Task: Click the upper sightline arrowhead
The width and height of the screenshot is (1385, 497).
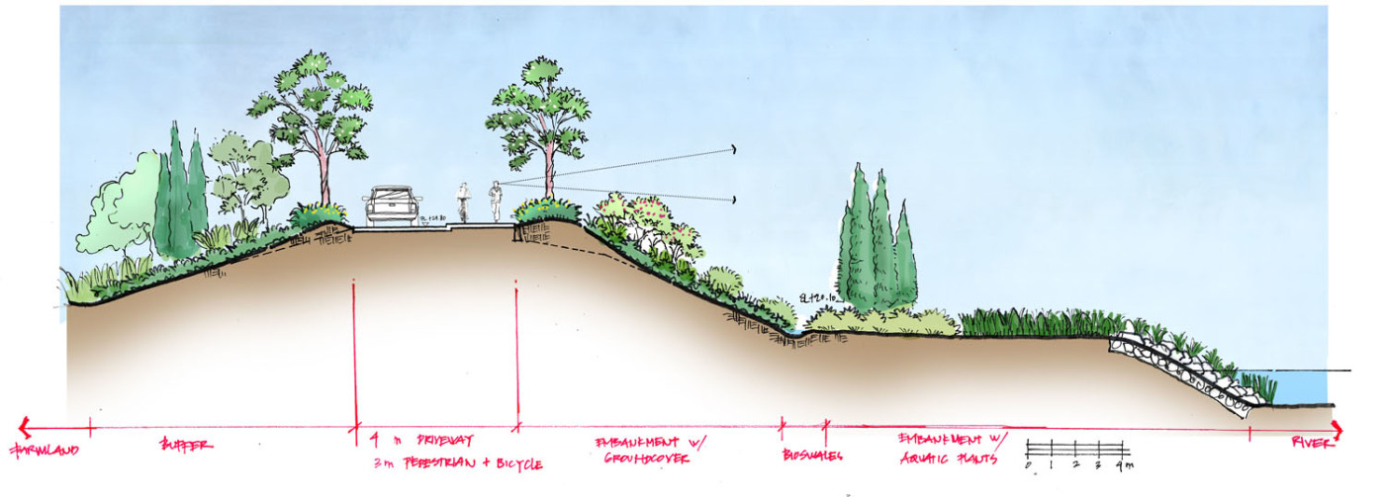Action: [734, 149]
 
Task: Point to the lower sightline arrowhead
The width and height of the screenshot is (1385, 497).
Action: [734, 200]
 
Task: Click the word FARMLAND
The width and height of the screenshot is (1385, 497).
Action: [44, 450]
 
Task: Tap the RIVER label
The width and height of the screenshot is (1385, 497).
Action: [1312, 446]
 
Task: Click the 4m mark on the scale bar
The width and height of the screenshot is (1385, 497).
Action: [1122, 463]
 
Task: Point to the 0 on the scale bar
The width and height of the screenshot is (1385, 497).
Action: [1028, 463]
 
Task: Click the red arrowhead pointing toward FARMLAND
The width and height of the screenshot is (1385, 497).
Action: [24, 428]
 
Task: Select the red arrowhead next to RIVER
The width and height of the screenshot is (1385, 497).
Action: [1338, 429]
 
